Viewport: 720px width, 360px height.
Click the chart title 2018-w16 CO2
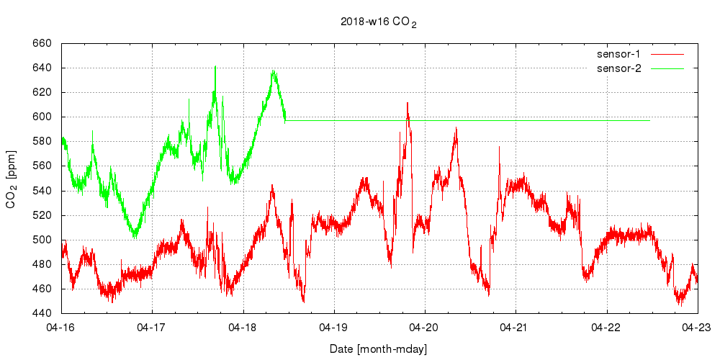(379, 22)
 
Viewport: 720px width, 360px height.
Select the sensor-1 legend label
(624, 54)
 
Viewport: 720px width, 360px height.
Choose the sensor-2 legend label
(624, 68)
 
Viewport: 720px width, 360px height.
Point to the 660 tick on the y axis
(41, 43)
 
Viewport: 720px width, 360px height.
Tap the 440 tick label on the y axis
(41, 313)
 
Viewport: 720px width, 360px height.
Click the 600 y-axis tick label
(41, 117)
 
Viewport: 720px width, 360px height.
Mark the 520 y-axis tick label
(41, 215)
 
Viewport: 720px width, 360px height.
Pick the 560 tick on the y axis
(41, 166)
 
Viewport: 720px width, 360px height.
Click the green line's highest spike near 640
(215, 66)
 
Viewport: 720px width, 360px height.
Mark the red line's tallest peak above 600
(408, 103)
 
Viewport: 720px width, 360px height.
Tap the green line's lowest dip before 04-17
(135, 236)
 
